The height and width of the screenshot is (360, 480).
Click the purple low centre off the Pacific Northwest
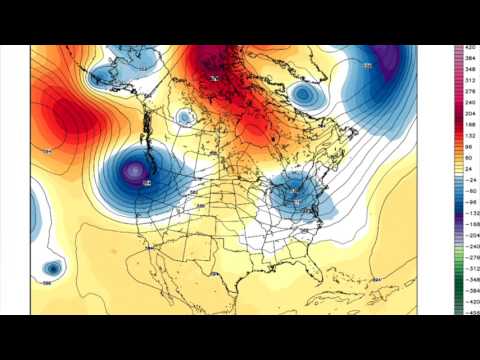(133, 172)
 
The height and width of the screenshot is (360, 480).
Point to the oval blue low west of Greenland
(304, 95)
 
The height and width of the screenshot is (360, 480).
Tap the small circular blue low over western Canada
(184, 117)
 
